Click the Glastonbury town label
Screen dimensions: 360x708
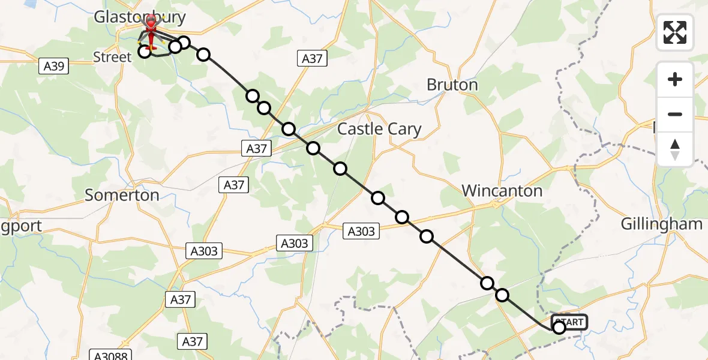pyautogui.click(x=139, y=17)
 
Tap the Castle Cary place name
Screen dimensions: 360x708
pyautogui.click(x=379, y=128)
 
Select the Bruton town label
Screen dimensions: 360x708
pyautogui.click(x=452, y=85)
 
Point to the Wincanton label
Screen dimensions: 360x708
pyautogui.click(x=502, y=191)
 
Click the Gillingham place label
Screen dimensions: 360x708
pyautogui.click(x=661, y=224)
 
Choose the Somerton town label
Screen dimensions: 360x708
pyautogui.click(x=122, y=194)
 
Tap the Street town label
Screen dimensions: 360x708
pyautogui.click(x=112, y=57)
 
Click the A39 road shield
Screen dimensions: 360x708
pyautogui.click(x=54, y=66)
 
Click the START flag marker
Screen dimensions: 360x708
pyautogui.click(x=569, y=322)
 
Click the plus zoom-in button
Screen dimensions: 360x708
pyautogui.click(x=675, y=79)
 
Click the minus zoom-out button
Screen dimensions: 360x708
pyautogui.click(x=675, y=114)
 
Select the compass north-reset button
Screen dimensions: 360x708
pyautogui.click(x=675, y=149)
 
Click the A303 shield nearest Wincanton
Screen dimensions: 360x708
pyautogui.click(x=361, y=231)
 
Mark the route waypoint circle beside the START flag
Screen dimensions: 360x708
pyautogui.click(x=559, y=328)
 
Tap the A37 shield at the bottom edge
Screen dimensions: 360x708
pyautogui.click(x=192, y=341)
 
